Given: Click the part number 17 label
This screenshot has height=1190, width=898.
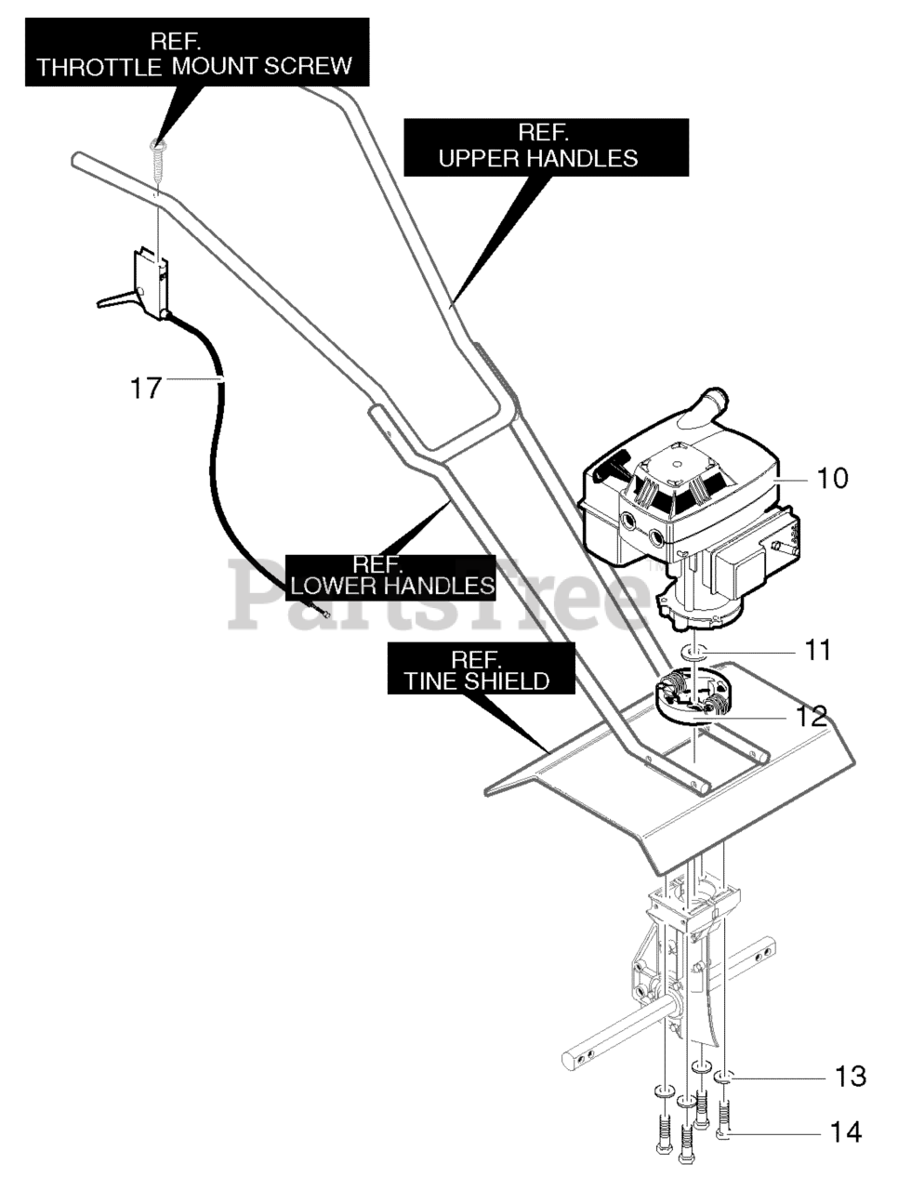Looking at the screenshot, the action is (146, 388).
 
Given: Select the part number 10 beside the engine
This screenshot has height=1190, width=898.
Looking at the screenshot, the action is (831, 478).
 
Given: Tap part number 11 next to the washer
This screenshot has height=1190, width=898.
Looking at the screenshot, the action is (818, 650).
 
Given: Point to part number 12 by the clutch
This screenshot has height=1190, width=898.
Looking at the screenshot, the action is (812, 716).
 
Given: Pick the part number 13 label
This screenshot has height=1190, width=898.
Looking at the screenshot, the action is (850, 1077).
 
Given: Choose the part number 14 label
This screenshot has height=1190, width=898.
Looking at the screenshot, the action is (845, 1133).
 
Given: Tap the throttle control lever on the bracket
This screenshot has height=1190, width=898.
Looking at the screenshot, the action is (115, 299).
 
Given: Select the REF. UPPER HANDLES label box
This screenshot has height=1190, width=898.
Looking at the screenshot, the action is (546, 148).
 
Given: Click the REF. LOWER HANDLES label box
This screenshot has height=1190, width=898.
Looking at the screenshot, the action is (390, 577).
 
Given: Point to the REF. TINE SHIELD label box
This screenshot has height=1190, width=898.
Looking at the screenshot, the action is (481, 668).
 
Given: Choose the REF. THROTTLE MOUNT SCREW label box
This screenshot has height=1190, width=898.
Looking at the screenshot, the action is (197, 52).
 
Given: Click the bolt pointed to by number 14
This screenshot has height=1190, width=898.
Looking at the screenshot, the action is (724, 1117).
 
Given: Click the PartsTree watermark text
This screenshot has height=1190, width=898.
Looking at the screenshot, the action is (439, 596).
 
